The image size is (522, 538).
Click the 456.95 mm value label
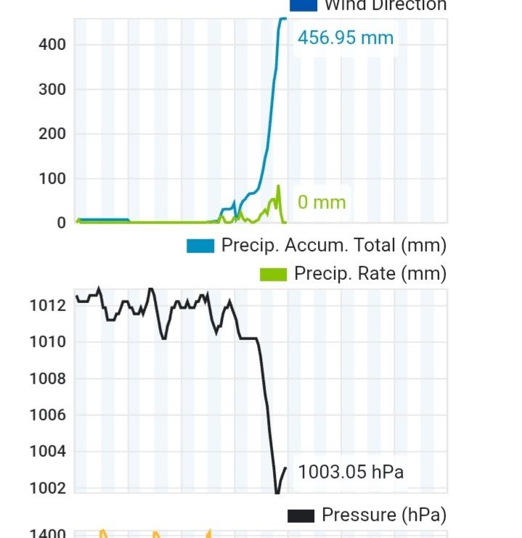346,37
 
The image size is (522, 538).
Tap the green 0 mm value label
322,202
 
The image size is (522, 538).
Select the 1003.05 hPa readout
351,473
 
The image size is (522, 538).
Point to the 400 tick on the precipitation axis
52,45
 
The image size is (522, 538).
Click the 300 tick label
52,90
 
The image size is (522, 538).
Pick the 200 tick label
52,134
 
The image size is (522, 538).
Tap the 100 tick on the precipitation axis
52,179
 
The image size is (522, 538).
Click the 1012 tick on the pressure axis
47,305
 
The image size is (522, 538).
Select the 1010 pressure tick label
47,342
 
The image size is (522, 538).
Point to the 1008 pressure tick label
47,378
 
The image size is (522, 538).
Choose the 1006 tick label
47,415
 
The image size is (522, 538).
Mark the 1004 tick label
47,452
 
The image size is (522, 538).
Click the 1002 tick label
47,488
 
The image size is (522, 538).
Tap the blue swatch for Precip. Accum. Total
200,246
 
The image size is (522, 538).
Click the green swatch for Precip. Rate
273,274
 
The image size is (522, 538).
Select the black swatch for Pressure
301,516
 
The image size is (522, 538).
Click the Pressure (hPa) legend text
383,515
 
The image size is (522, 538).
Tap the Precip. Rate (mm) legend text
370,273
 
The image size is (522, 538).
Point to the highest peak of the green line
279,186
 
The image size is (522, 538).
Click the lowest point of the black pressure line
277,493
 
